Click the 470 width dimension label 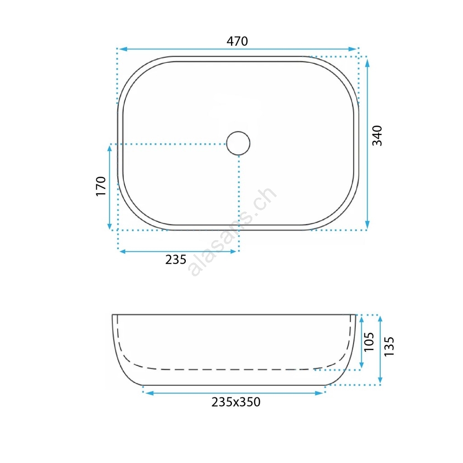[237, 41]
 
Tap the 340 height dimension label [377, 136]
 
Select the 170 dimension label [101, 186]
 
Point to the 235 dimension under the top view [176, 260]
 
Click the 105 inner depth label [369, 342]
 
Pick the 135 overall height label [389, 346]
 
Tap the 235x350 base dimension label [236, 402]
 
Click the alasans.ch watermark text [232, 232]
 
